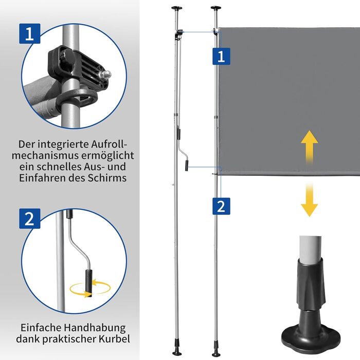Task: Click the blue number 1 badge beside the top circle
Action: [30, 33]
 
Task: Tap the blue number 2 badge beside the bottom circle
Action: [30, 219]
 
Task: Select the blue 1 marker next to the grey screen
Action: [221, 56]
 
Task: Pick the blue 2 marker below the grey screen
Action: [221, 206]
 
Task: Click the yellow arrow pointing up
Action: [309, 148]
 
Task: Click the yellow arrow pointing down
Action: [309, 200]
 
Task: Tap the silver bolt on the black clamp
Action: [105, 75]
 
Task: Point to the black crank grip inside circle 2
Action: [89, 283]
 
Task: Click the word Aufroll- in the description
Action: [109, 144]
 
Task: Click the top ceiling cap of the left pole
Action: [176, 8]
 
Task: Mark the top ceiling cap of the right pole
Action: [216, 8]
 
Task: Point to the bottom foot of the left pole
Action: [177, 350]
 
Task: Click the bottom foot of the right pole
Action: [217, 350]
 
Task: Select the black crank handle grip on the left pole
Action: [186, 165]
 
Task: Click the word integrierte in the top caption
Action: [63, 145]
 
